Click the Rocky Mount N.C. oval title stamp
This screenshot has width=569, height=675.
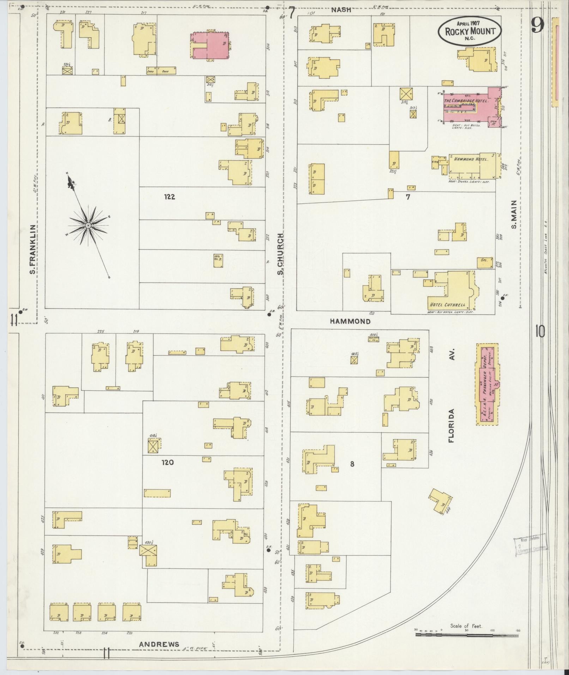(x=469, y=31)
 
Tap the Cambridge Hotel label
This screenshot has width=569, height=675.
(x=466, y=101)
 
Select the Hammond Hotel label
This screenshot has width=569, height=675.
(x=471, y=159)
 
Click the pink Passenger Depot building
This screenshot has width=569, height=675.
(x=488, y=384)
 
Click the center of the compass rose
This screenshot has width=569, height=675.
(x=88, y=225)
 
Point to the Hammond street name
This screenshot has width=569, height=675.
(x=350, y=321)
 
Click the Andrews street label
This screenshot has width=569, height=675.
(x=159, y=644)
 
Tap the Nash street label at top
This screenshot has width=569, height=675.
(x=341, y=10)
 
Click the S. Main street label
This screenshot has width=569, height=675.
(x=514, y=214)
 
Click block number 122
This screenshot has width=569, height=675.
(x=169, y=197)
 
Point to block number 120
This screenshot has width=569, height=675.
(x=168, y=462)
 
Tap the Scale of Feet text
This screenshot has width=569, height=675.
(x=466, y=626)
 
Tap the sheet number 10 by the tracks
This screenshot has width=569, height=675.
(x=539, y=331)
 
